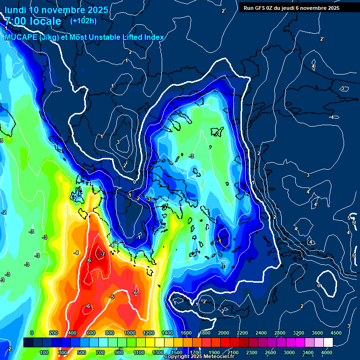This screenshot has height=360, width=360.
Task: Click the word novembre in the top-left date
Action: point(62,10)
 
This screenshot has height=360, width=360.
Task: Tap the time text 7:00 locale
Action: point(33,21)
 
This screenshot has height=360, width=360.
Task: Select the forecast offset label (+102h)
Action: point(83,21)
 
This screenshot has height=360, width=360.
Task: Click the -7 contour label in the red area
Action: point(102,255)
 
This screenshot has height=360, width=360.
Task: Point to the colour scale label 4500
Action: point(336,333)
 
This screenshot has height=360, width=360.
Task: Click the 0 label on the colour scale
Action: point(31,333)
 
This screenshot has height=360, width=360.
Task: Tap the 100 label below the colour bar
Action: point(45,352)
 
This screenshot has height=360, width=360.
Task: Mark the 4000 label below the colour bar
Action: point(327,352)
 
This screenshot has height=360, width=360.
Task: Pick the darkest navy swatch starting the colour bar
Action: point(28,343)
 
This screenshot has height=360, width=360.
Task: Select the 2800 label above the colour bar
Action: point(280,333)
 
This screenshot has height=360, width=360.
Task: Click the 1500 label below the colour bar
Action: point(177,352)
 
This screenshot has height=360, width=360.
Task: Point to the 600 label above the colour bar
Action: point(91,333)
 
